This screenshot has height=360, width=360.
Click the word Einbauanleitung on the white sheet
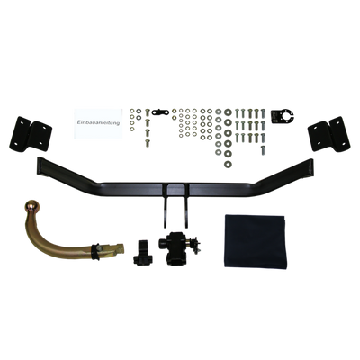(98, 122)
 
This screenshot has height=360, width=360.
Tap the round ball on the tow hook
(32, 206)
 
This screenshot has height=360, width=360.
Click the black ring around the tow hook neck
(96, 251)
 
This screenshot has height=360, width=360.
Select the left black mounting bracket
(31, 134)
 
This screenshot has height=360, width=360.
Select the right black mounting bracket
(328, 134)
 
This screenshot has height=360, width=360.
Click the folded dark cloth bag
(256, 241)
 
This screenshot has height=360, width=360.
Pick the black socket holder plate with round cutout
(282, 116)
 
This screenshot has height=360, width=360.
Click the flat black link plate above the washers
(160, 112)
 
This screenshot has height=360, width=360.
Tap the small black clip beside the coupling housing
(143, 253)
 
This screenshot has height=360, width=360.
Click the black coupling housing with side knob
(175, 247)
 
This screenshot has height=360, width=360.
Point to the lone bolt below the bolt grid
(263, 149)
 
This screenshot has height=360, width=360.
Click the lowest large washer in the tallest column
(229, 164)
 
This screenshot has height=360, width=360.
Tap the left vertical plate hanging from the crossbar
(166, 207)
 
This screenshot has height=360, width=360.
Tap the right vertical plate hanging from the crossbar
(187, 207)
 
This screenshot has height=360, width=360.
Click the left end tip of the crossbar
(38, 166)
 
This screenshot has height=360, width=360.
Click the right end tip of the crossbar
(312, 168)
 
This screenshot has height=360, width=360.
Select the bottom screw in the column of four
(148, 143)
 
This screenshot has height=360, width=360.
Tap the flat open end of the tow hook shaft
(121, 248)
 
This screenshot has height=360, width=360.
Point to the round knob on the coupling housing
(162, 243)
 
